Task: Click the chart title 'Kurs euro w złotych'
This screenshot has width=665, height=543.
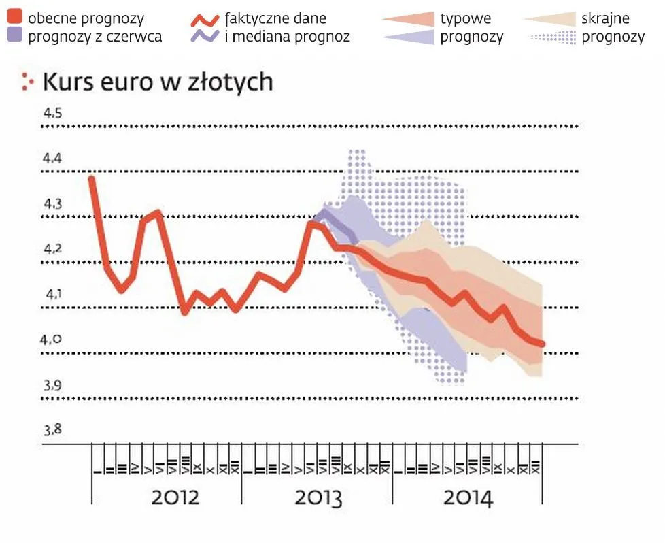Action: click(x=158, y=82)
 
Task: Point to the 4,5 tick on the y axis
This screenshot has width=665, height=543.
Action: click(x=53, y=113)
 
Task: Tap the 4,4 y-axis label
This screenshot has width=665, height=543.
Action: click(x=53, y=159)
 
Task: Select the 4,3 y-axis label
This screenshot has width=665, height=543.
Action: click(x=53, y=204)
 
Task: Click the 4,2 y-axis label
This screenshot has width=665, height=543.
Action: click(x=53, y=249)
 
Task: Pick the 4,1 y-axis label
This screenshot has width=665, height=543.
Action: click(x=53, y=295)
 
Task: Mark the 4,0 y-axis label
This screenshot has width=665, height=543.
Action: click(x=53, y=340)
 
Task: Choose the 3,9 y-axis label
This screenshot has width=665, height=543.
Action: click(x=53, y=386)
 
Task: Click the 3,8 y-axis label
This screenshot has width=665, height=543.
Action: click(x=53, y=430)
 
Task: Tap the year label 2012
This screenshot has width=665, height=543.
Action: click(x=175, y=497)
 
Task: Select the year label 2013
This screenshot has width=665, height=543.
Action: click(x=318, y=497)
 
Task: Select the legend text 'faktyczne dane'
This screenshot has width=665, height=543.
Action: click(x=275, y=18)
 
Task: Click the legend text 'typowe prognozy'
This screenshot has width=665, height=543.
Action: click(x=472, y=27)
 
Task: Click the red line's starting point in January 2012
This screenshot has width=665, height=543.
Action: click(x=92, y=178)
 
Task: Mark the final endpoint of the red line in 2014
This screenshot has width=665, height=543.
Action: click(x=543, y=344)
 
